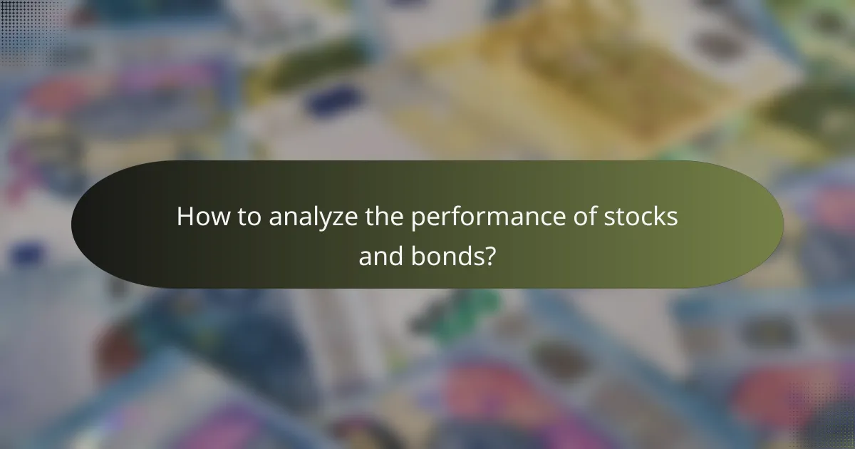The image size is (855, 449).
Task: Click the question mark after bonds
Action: (x=489, y=256)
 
